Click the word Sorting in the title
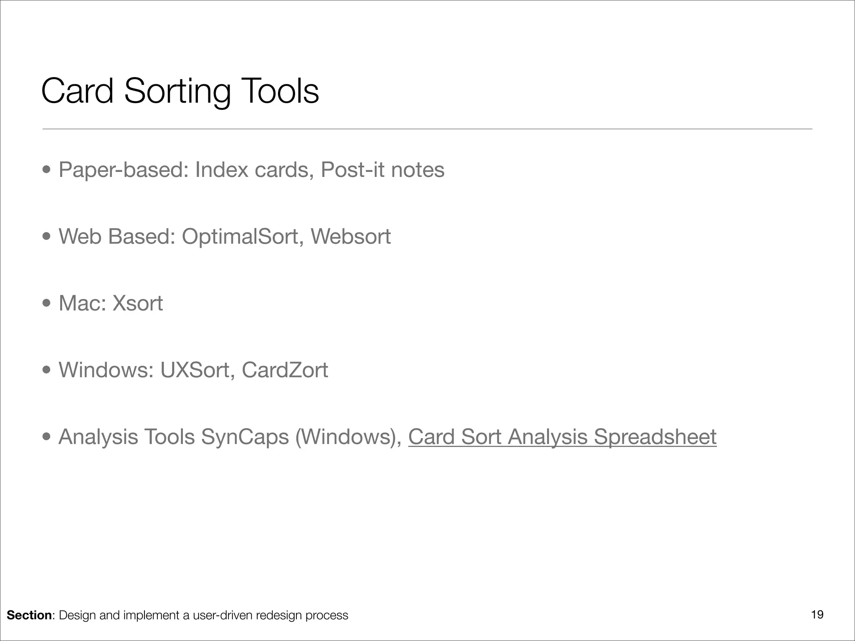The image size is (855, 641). (x=177, y=92)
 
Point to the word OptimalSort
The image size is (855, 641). (x=240, y=237)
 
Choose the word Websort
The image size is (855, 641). (x=351, y=237)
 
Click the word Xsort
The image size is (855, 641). (x=138, y=303)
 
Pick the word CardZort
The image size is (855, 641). (x=285, y=370)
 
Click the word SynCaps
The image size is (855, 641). (x=245, y=437)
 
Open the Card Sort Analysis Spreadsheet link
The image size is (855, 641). (x=562, y=437)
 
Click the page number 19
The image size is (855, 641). (x=817, y=615)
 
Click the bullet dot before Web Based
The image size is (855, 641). (x=47, y=237)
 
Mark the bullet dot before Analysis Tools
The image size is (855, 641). (x=47, y=437)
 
